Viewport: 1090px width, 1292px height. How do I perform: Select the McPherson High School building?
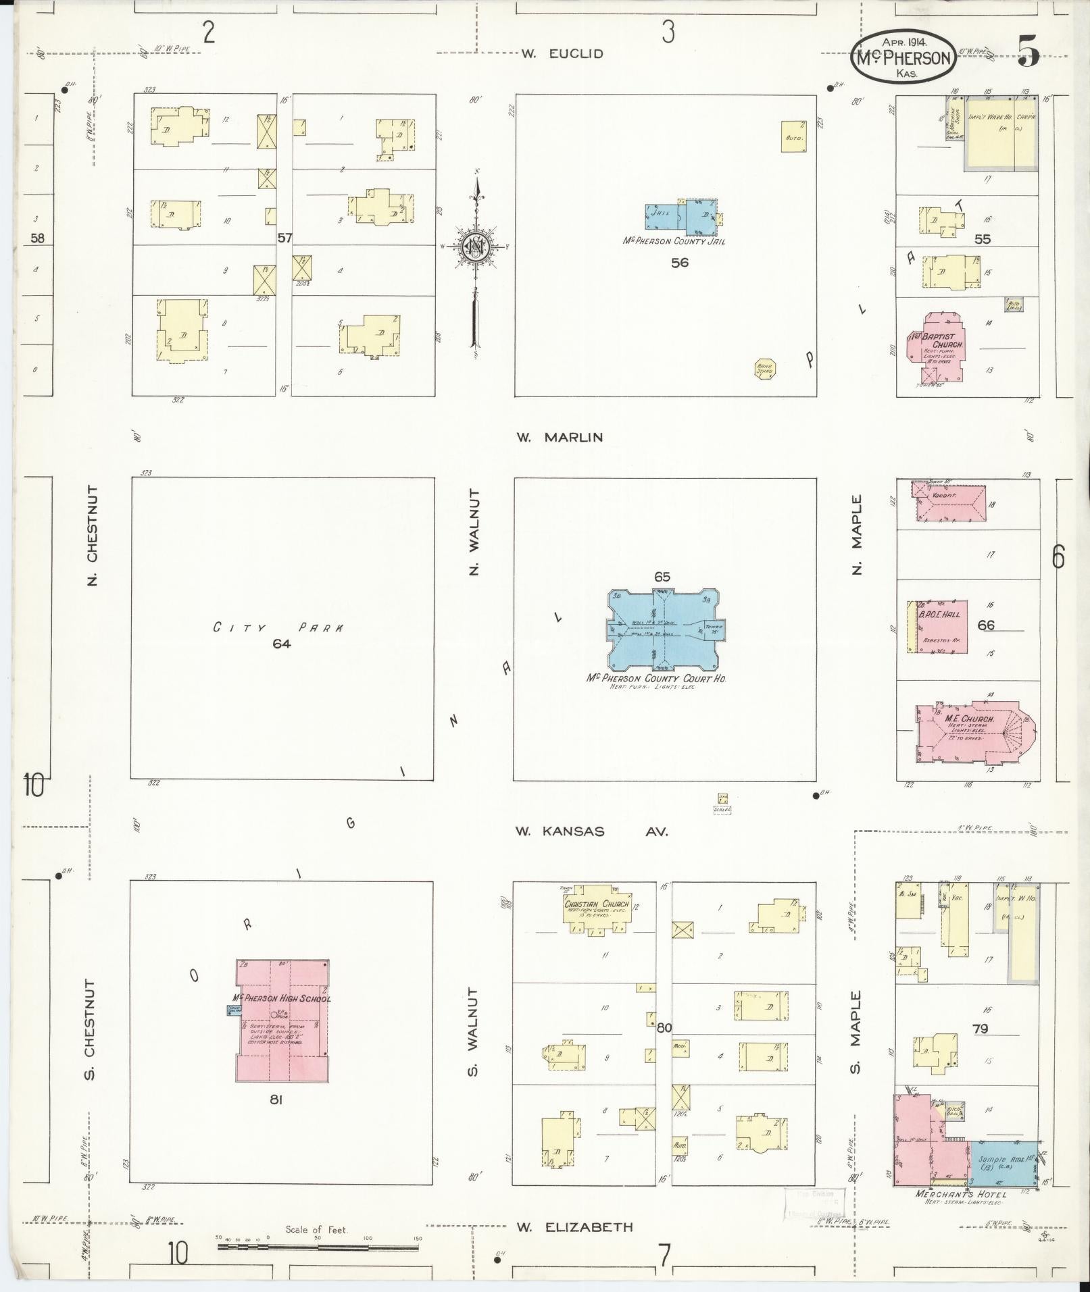tap(282, 1020)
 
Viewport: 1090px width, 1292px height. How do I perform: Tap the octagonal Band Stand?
tap(765, 369)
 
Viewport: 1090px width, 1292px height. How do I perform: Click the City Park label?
tap(278, 627)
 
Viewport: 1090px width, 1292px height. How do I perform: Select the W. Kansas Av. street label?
tap(591, 831)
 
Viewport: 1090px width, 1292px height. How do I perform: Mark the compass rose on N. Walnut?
tap(476, 247)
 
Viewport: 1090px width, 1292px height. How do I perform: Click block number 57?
tap(284, 238)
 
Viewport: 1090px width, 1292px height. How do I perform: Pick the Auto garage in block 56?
tap(793, 136)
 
